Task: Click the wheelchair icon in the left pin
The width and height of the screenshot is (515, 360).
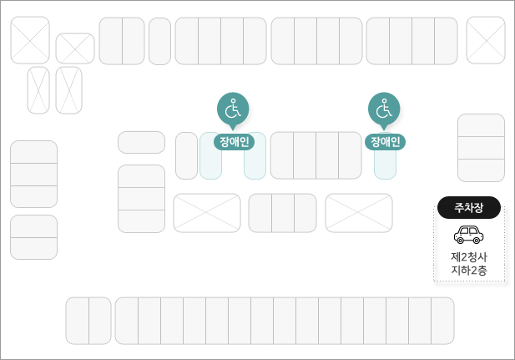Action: point(233,108)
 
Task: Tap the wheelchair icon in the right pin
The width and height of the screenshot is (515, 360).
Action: point(384,108)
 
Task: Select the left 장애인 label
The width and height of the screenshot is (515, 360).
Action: point(233,141)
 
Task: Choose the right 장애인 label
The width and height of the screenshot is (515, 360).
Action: point(385,141)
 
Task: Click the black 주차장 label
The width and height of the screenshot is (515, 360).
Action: point(468,207)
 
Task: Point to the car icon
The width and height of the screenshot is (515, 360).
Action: point(468,234)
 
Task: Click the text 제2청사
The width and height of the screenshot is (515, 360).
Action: point(468,256)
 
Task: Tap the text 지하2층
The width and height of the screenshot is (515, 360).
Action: point(468,270)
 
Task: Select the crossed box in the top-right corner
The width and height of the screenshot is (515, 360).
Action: point(485,40)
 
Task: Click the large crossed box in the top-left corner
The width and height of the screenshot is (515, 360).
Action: point(30,40)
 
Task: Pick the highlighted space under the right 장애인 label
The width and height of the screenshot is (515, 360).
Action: point(385,164)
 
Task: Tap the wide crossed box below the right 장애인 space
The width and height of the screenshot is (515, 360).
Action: point(359,213)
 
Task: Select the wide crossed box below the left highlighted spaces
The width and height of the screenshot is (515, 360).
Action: point(207,213)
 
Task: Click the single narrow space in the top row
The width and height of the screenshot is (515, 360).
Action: point(159,41)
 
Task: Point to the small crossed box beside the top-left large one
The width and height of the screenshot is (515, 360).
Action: point(75,48)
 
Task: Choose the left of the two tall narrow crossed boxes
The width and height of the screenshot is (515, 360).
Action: point(38,90)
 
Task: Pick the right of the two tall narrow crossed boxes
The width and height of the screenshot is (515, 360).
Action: point(68,90)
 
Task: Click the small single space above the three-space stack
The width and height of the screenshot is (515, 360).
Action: point(141,142)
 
